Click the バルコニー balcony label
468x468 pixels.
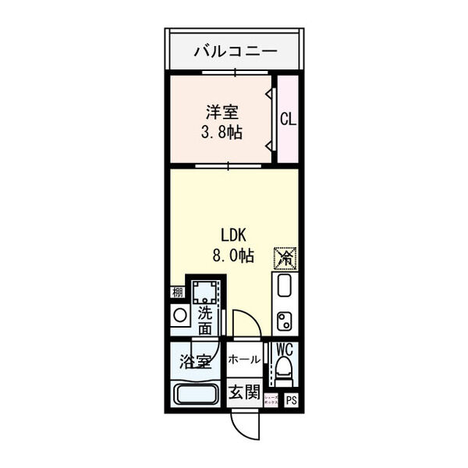235,52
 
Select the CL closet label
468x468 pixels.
288,119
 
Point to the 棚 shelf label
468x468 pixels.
177,294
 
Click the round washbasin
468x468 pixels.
179,315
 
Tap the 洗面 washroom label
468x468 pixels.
204,321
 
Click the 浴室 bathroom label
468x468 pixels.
195,362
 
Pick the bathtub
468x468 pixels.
195,394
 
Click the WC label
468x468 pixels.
284,349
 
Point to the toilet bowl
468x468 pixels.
285,371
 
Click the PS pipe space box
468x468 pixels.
291,401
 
